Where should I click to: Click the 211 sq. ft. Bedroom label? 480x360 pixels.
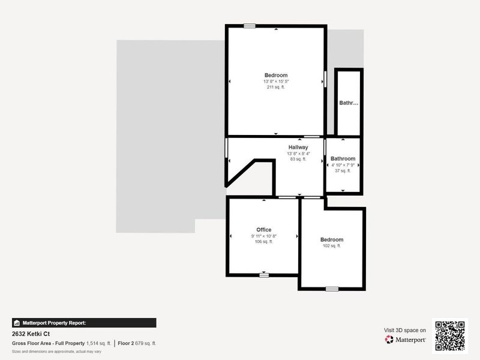click(x=276, y=75)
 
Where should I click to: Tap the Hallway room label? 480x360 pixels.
click(x=298, y=147)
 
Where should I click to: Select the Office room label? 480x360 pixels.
click(x=264, y=230)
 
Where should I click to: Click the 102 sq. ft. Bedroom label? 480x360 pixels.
click(x=332, y=239)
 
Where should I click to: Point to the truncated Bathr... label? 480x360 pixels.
click(x=349, y=103)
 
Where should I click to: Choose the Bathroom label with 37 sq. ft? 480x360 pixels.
click(x=343, y=159)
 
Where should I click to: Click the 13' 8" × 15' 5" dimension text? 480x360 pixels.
click(x=276, y=81)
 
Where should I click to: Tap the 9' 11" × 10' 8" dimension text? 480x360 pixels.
click(x=264, y=236)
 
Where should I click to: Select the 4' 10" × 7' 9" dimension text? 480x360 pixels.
click(x=343, y=165)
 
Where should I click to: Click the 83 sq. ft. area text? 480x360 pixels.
click(x=298, y=159)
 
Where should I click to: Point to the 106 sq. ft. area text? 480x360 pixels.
click(x=264, y=242)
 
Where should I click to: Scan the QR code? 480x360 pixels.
click(x=449, y=335)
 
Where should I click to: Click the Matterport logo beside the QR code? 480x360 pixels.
click(x=406, y=340)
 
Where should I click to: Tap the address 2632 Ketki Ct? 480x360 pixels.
click(x=32, y=334)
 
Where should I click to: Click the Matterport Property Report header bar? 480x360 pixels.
click(x=84, y=323)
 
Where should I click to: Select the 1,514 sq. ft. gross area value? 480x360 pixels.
click(x=99, y=343)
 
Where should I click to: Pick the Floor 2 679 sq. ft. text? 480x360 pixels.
click(x=137, y=343)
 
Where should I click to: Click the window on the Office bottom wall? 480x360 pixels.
click(x=264, y=275)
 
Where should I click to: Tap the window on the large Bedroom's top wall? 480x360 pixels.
click(x=250, y=25)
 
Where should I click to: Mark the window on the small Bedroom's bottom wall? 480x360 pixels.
click(x=332, y=289)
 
